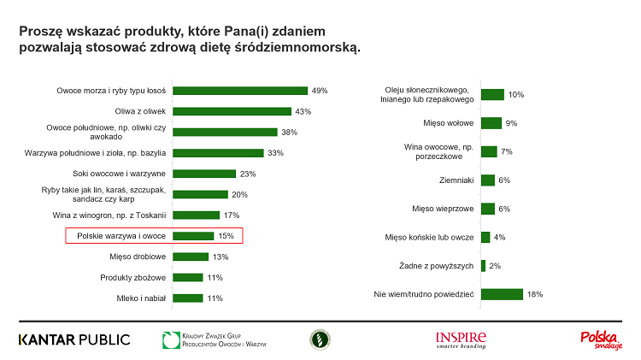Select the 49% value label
click(x=320, y=90)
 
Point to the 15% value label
click(x=226, y=236)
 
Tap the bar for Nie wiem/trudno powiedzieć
click(x=502, y=294)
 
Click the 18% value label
click(x=535, y=294)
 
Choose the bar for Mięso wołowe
click(x=491, y=123)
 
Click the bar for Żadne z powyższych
click(x=483, y=266)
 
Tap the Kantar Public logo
click(x=74, y=339)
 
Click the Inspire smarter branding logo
click(x=461, y=339)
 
